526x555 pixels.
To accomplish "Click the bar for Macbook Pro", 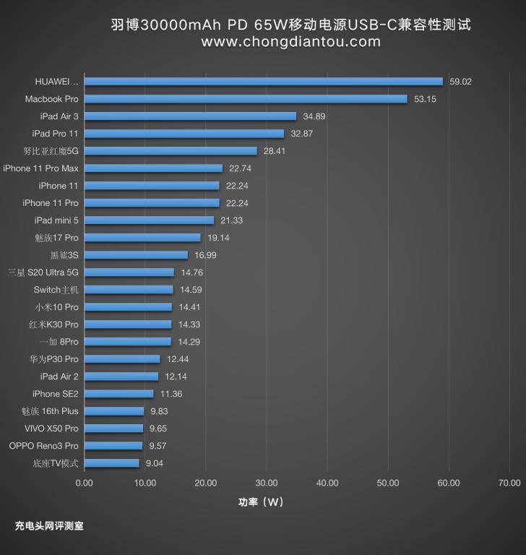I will (246, 99).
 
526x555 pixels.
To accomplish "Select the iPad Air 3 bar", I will (190, 116).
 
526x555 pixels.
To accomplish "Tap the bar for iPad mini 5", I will (149, 220).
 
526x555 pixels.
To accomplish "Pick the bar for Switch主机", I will (129, 290).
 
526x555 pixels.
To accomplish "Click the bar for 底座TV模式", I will (111, 463).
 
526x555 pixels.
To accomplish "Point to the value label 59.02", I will (460, 82).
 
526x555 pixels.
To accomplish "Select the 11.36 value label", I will (171, 394).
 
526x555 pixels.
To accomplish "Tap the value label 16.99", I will (205, 255).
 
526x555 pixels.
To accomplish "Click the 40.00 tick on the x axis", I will (327, 483).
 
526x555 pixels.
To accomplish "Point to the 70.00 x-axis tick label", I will (509, 483).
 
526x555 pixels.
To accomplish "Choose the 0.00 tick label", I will (85, 483).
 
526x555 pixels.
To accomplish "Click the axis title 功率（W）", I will (262, 502).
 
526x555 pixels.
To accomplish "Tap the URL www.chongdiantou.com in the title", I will (290, 42).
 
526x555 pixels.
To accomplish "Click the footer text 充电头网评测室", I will (49, 526).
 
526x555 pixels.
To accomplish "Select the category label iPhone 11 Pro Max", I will (40, 168).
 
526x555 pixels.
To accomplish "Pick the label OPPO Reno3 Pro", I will (43, 446).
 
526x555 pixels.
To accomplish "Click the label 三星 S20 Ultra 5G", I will (43, 272).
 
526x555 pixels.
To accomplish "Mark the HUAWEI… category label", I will (56, 82).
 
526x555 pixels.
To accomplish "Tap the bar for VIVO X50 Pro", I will (113, 429).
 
